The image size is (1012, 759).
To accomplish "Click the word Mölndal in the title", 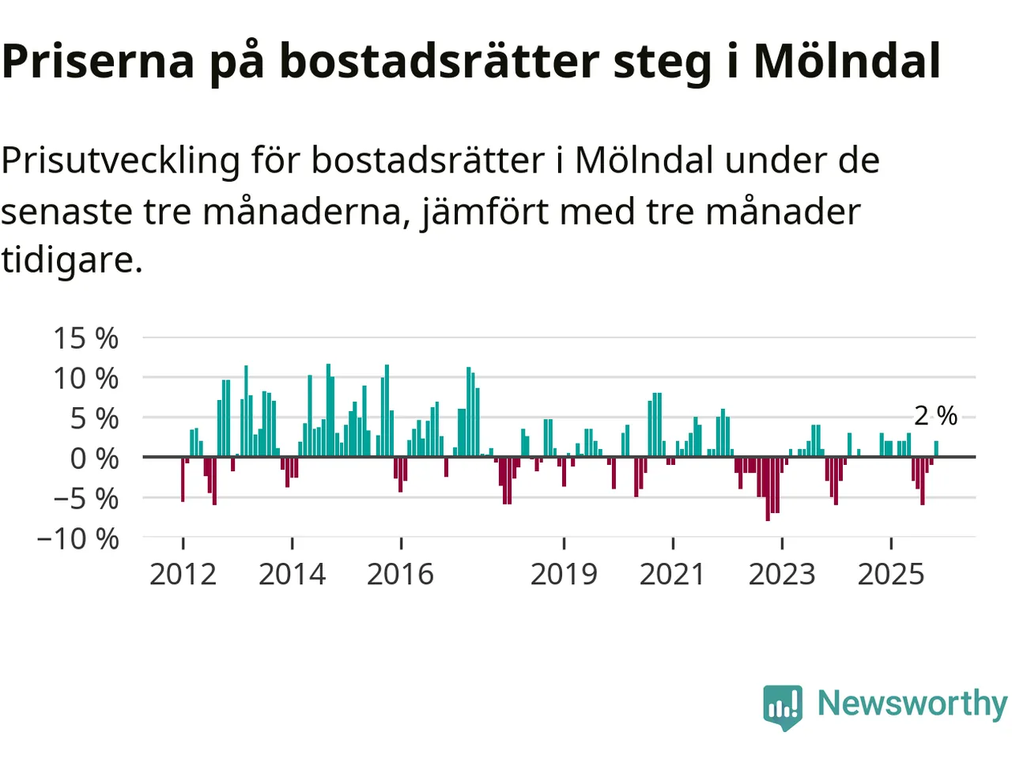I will click(847, 61).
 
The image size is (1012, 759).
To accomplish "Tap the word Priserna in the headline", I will click(98, 61).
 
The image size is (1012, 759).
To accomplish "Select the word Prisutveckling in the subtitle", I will click(120, 160).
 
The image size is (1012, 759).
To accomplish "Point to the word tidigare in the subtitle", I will click(71, 259).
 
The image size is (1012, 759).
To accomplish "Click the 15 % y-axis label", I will click(85, 338).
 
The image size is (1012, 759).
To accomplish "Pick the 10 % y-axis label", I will click(85, 379).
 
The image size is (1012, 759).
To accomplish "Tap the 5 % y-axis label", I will click(94, 419).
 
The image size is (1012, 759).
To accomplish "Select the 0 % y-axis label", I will click(94, 459).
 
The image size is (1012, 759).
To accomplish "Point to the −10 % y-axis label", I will click(77, 539).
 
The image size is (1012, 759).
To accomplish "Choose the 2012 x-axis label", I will click(183, 574).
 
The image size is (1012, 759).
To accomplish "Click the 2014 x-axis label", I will click(292, 574).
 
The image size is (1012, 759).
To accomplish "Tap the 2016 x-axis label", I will click(400, 574).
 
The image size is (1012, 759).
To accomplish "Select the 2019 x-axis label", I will click(564, 574).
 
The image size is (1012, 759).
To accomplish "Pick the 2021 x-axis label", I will click(672, 574).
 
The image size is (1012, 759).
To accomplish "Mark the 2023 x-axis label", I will click(781, 574).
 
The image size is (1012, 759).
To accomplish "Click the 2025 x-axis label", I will click(890, 574).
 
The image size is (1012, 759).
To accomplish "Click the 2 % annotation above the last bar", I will click(935, 416).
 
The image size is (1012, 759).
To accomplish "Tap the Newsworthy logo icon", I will click(783, 706).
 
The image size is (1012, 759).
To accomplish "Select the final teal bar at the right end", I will click(936, 449).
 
